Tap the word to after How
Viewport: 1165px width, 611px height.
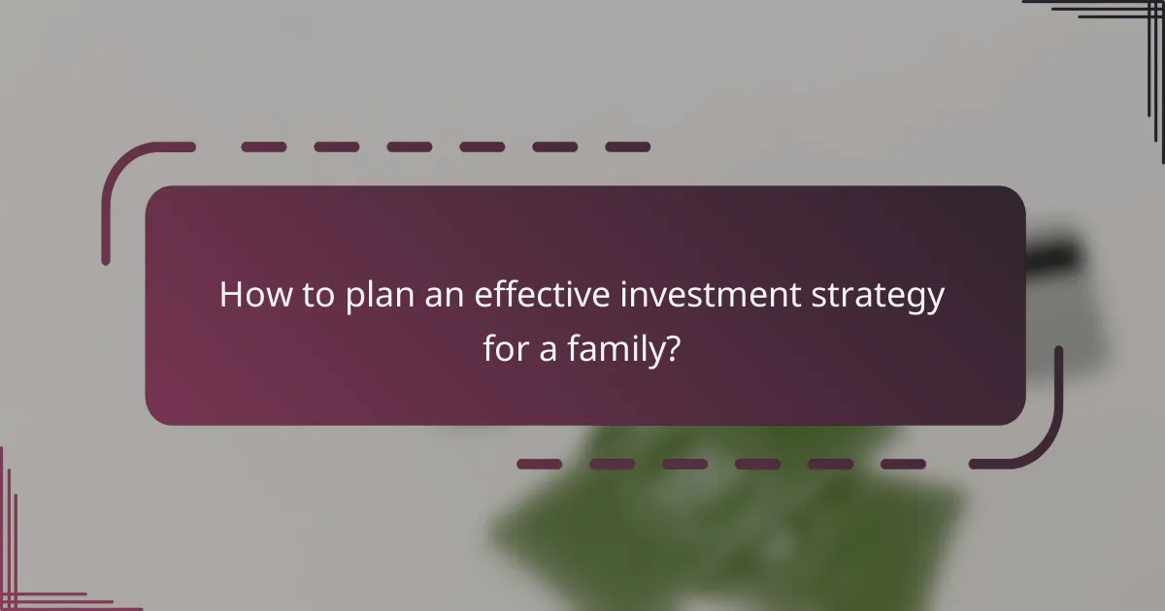[x=315, y=296]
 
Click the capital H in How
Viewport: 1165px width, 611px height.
[x=230, y=296]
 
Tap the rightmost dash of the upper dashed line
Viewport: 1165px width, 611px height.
[x=627, y=147]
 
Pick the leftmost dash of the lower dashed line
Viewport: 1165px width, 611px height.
[x=539, y=465]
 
